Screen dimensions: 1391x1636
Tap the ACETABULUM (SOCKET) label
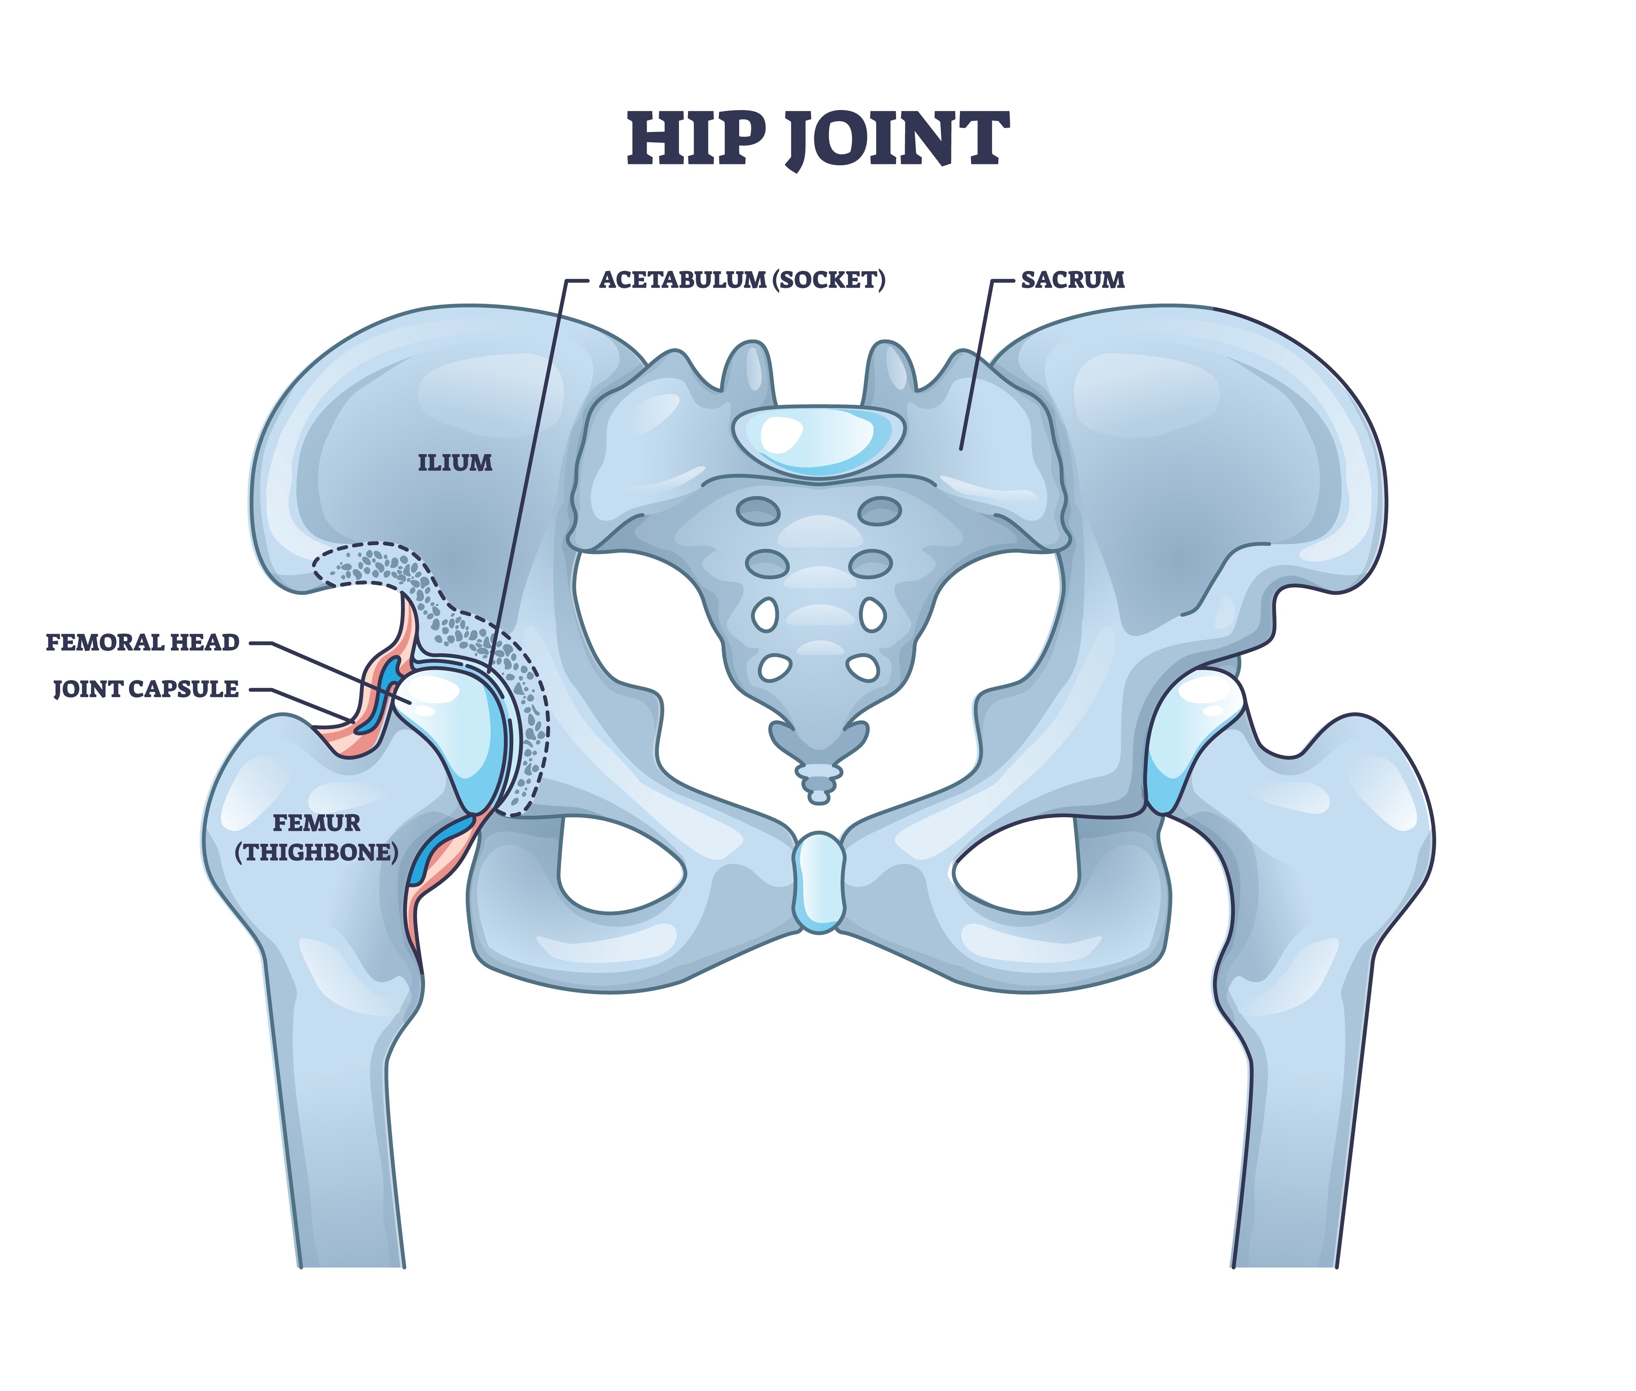click(x=742, y=280)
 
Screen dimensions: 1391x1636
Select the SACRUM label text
click(x=1072, y=280)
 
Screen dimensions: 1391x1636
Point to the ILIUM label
click(x=455, y=463)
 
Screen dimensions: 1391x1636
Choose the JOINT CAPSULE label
click(x=146, y=689)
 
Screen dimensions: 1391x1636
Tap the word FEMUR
click(x=316, y=823)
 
